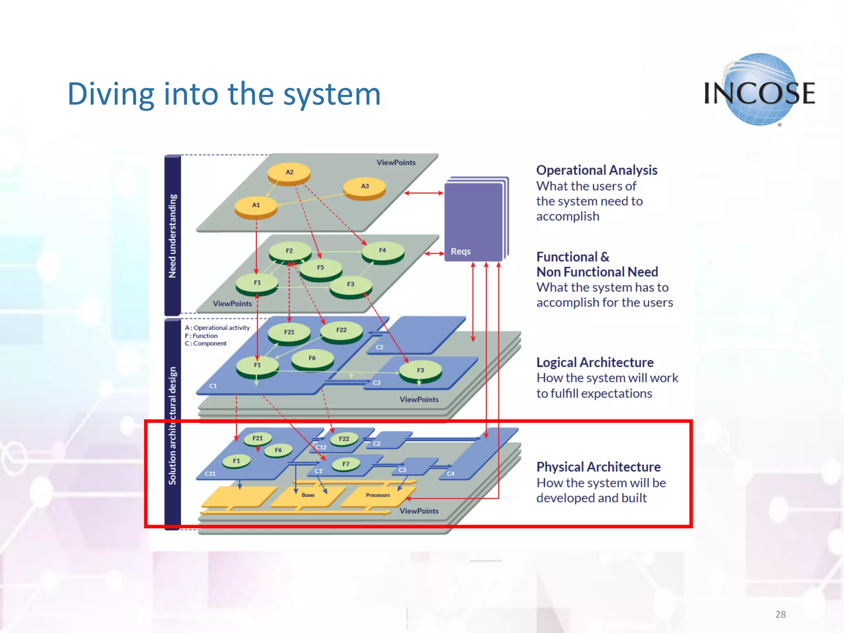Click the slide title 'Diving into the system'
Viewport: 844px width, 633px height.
pyautogui.click(x=224, y=94)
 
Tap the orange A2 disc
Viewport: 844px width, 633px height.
pyautogui.click(x=289, y=173)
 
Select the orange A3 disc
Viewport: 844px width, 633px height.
pyautogui.click(x=365, y=188)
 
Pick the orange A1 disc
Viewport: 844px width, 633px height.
pyautogui.click(x=256, y=206)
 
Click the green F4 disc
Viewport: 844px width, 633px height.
pyautogui.click(x=383, y=251)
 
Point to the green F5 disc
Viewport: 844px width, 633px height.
pyautogui.click(x=321, y=269)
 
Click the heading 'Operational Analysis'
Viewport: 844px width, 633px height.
pyautogui.click(x=596, y=170)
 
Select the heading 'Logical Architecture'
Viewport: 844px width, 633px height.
pyautogui.click(x=595, y=362)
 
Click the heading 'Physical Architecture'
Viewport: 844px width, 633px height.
pyautogui.click(x=598, y=467)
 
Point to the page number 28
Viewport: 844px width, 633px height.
pyautogui.click(x=780, y=614)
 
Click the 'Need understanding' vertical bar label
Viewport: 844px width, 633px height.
pyautogui.click(x=173, y=236)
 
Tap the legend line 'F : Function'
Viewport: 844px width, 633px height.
pyautogui.click(x=201, y=336)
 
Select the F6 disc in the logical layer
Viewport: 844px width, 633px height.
pyautogui.click(x=312, y=359)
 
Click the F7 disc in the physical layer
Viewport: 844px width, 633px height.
pyautogui.click(x=346, y=464)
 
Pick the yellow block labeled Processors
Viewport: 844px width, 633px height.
pyautogui.click(x=377, y=496)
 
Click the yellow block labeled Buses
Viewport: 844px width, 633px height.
pyautogui.click(x=308, y=496)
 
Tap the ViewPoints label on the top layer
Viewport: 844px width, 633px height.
pyautogui.click(x=396, y=162)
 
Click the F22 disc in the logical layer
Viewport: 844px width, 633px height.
pyautogui.click(x=341, y=331)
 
